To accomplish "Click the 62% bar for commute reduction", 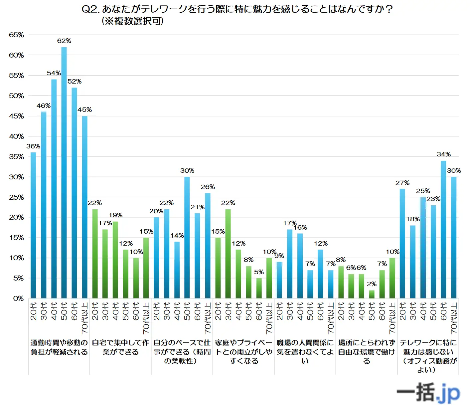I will pos(64,173).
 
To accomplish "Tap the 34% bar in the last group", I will pos(443,230).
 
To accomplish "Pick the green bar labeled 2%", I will pos(372,295).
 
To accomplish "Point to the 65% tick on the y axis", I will pos(16,35).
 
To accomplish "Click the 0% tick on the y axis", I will pos(18,299).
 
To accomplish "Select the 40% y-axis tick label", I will pos(16,136).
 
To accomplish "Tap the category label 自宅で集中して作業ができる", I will pos(120,347).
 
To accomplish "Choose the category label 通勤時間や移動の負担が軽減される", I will pos(59,347).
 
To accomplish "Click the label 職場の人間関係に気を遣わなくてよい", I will pos(305,351).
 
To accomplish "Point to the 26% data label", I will pos(208,187).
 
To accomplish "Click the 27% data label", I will pos(402,183).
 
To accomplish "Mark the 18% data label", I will pos(413,219).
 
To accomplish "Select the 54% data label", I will pos(54,73).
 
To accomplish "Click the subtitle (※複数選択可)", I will pos(132,21).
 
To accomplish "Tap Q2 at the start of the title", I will pos(90,9).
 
